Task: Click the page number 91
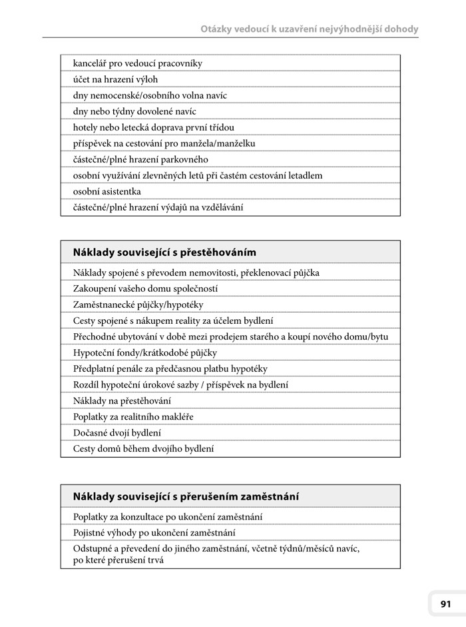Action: (445, 604)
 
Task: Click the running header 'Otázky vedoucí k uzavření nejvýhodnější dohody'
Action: (310, 29)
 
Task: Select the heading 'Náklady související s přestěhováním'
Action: (164, 253)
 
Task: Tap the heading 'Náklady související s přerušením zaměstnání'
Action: (186, 496)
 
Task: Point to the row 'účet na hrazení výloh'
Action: (115, 79)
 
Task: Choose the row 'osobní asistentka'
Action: (107, 191)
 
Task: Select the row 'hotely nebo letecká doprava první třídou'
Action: (154, 127)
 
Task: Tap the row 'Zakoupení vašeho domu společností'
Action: (146, 289)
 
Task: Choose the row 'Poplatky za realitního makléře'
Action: (138, 416)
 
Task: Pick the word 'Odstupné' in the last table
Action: (93, 548)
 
